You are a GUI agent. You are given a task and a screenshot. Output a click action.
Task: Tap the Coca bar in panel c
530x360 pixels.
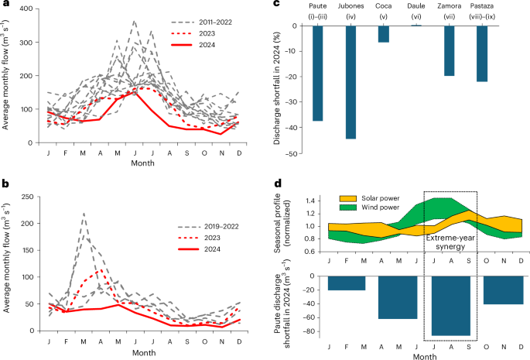point(383,34)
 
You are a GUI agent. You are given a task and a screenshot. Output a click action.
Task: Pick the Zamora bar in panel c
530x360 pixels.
point(449,51)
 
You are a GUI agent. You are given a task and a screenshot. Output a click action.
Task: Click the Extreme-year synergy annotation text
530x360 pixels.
point(450,238)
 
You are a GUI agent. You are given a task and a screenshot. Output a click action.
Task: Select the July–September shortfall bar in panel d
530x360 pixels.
point(450,306)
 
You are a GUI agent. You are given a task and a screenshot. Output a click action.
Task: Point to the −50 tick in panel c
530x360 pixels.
point(298,154)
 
